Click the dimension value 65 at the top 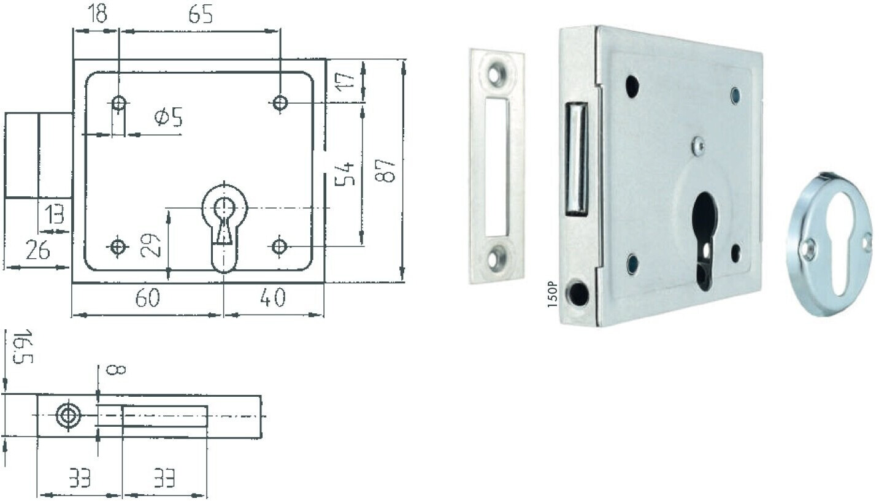tap(201, 15)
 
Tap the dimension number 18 tap(96, 13)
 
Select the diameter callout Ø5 tap(169, 117)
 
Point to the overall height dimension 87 tap(385, 170)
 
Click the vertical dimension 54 tap(344, 174)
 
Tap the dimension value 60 tap(148, 298)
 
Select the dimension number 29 tap(151, 245)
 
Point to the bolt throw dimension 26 tap(37, 250)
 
